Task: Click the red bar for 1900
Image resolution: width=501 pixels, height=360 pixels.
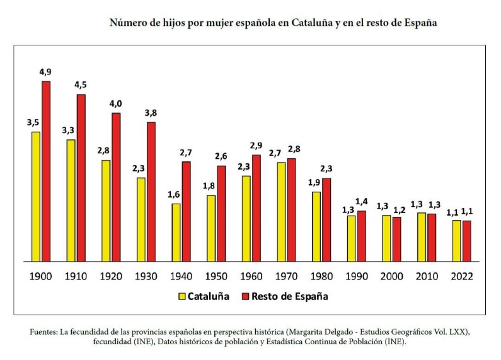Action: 46,171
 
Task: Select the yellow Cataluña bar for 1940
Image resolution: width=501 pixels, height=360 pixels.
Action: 176,232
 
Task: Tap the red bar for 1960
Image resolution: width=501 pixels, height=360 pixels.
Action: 256,207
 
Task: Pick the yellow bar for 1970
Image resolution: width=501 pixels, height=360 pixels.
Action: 282,211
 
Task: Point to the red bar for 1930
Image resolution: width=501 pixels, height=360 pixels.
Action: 151,191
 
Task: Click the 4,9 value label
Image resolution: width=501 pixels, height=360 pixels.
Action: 45,72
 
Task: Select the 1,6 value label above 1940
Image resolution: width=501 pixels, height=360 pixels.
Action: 174,194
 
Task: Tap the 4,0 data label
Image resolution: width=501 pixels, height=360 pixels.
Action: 116,103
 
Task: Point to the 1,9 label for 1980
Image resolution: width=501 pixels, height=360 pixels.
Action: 314,182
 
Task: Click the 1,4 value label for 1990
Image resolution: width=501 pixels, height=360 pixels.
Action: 361,201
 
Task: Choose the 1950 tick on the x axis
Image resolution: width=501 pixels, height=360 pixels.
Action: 216,276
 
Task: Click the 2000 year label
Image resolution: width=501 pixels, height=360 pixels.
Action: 391,276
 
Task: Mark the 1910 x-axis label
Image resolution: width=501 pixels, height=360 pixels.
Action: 76,276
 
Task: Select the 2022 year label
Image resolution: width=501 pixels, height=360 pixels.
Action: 461,276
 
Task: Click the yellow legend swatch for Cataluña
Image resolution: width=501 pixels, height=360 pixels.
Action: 181,296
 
